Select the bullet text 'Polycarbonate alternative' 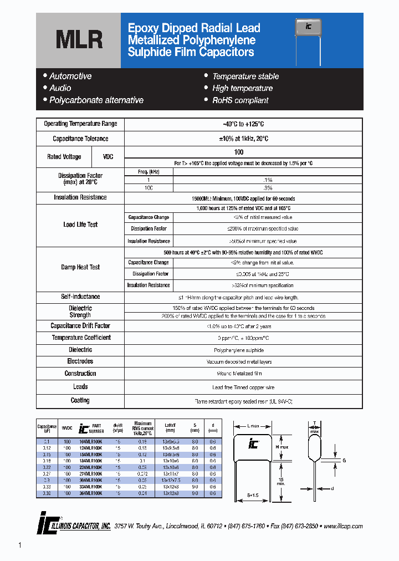coord(96,100)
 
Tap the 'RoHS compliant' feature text coord(240,100)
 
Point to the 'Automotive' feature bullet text coord(70,76)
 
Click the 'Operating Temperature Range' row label coord(80,124)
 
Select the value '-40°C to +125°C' coord(243,124)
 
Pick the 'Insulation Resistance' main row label coord(80,197)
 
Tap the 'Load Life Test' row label coord(80,225)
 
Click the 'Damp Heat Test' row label coord(80,267)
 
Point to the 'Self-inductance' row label coord(80,297)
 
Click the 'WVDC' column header coord(67,429)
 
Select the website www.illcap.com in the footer coord(342,526)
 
